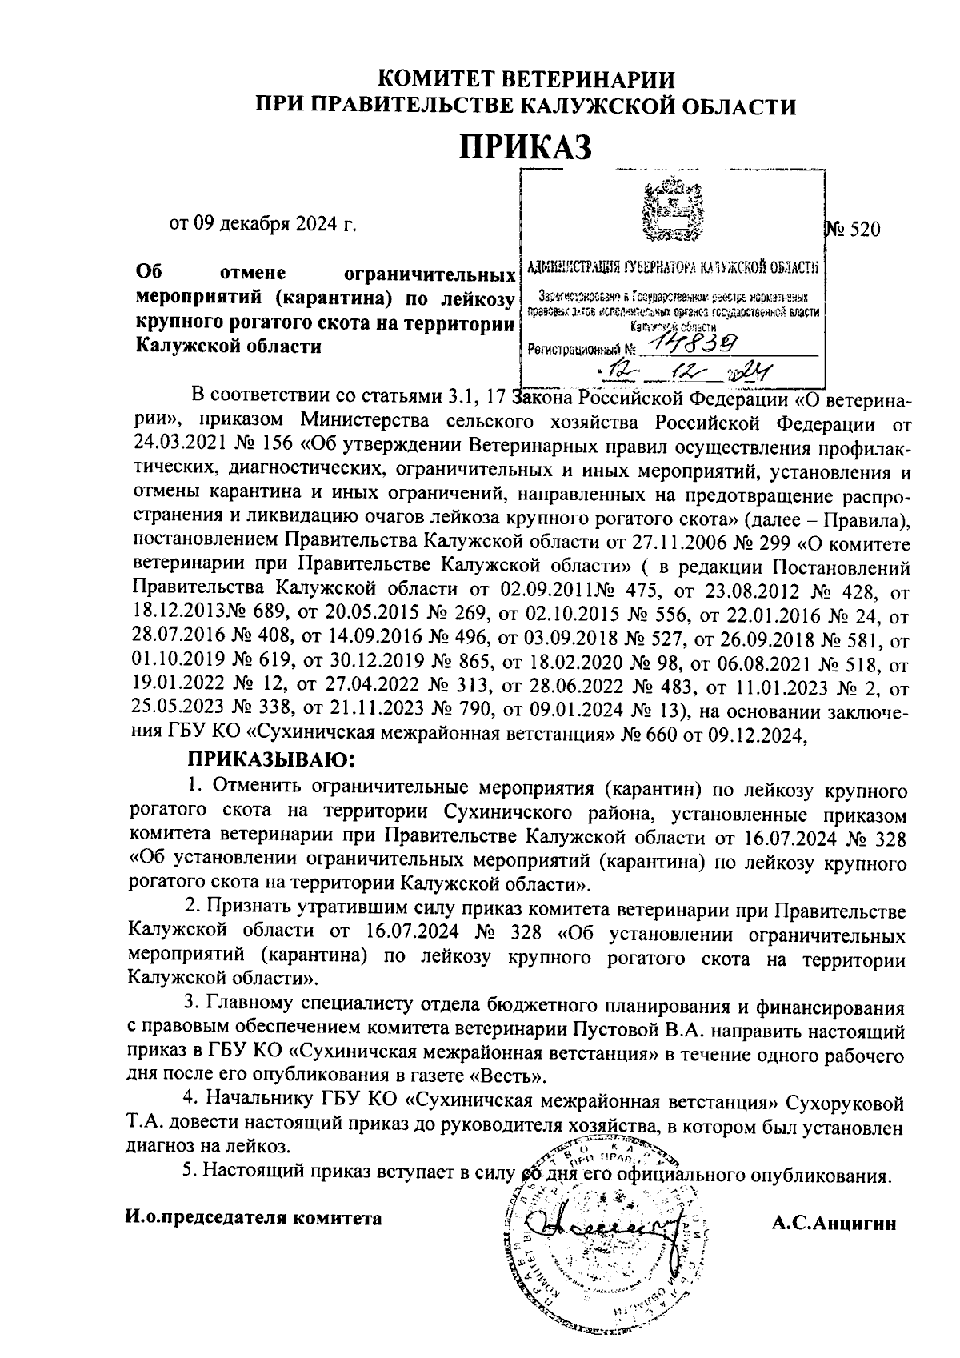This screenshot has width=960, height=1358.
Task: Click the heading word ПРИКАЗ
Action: click(x=526, y=146)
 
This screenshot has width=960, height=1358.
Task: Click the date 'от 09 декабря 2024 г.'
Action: click(x=262, y=222)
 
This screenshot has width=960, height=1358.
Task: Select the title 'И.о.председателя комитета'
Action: click(x=254, y=1217)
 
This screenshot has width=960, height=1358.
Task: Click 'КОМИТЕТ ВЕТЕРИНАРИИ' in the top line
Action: click(x=526, y=79)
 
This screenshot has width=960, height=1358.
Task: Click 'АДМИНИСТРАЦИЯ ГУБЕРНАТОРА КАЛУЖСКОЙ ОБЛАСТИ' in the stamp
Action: click(x=673, y=266)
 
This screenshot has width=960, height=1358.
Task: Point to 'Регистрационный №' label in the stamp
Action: click(x=582, y=350)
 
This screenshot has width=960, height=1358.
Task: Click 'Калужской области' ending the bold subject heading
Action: click(x=228, y=346)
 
